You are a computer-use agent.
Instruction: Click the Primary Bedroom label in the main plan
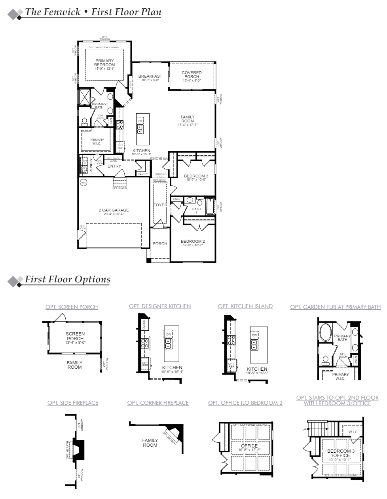pyautogui.click(x=104, y=63)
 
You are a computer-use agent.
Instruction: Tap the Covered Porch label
pyautogui.click(x=192, y=74)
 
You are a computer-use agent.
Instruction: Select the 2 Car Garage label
pyautogui.click(x=114, y=210)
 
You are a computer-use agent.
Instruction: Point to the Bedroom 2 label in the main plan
pyautogui.click(x=193, y=241)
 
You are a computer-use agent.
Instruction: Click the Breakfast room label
pyautogui.click(x=150, y=76)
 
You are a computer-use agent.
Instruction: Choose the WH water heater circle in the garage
pyautogui.click(x=83, y=183)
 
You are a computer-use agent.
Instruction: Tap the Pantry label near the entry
pyautogui.click(x=143, y=174)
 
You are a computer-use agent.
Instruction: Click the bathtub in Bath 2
pyautogui.click(x=209, y=207)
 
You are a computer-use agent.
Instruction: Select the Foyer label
pyautogui.click(x=160, y=205)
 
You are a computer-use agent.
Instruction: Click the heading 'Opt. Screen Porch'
pyautogui.click(x=72, y=307)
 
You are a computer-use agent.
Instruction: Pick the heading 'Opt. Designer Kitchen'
pyautogui.click(x=160, y=306)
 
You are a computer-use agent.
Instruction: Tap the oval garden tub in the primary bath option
pyautogui.click(x=326, y=333)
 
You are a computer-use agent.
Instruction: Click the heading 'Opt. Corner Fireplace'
pyautogui.click(x=158, y=403)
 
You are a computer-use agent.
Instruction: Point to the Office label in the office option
pyautogui.click(x=249, y=446)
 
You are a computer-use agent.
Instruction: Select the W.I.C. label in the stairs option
pyautogui.click(x=353, y=432)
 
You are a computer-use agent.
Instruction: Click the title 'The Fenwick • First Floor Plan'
pyautogui.click(x=93, y=12)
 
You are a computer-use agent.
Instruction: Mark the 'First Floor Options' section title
pyautogui.click(x=68, y=279)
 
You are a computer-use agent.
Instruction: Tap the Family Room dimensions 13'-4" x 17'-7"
pyautogui.click(x=188, y=125)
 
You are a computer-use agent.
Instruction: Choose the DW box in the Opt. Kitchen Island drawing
pyautogui.click(x=254, y=335)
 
